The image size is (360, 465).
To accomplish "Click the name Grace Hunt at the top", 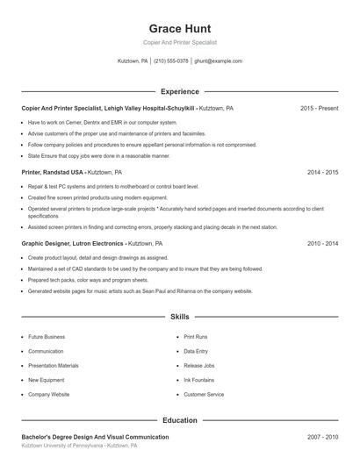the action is (x=179, y=28).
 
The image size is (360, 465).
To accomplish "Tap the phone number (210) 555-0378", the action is (x=172, y=61).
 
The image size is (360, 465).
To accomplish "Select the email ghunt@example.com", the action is (x=218, y=61).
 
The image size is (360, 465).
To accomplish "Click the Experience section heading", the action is (x=179, y=91).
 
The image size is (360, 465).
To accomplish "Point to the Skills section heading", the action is (x=179, y=316).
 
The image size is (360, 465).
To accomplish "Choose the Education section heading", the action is (x=179, y=420).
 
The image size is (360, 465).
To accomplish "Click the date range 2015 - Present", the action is (x=319, y=108).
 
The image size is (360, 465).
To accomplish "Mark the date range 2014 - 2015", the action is (x=322, y=172).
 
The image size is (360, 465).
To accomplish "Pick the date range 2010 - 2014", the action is (x=322, y=243).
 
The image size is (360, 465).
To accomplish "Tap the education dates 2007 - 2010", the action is (x=322, y=436).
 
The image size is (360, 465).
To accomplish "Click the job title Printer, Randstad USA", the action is (x=53, y=172).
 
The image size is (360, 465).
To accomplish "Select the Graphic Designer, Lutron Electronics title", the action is (x=73, y=243).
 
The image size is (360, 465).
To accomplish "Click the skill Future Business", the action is (x=47, y=337).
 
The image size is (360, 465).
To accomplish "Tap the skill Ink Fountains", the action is (x=198, y=380).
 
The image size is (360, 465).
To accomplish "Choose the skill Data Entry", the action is (x=196, y=351).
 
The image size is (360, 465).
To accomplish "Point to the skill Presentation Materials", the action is (x=53, y=365).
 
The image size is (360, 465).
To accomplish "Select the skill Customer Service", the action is (x=204, y=395).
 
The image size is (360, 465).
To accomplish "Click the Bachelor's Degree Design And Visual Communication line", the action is (x=95, y=436).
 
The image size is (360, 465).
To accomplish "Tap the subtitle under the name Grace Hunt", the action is (x=179, y=42).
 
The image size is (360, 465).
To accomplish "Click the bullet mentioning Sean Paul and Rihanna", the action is (x=140, y=290).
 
